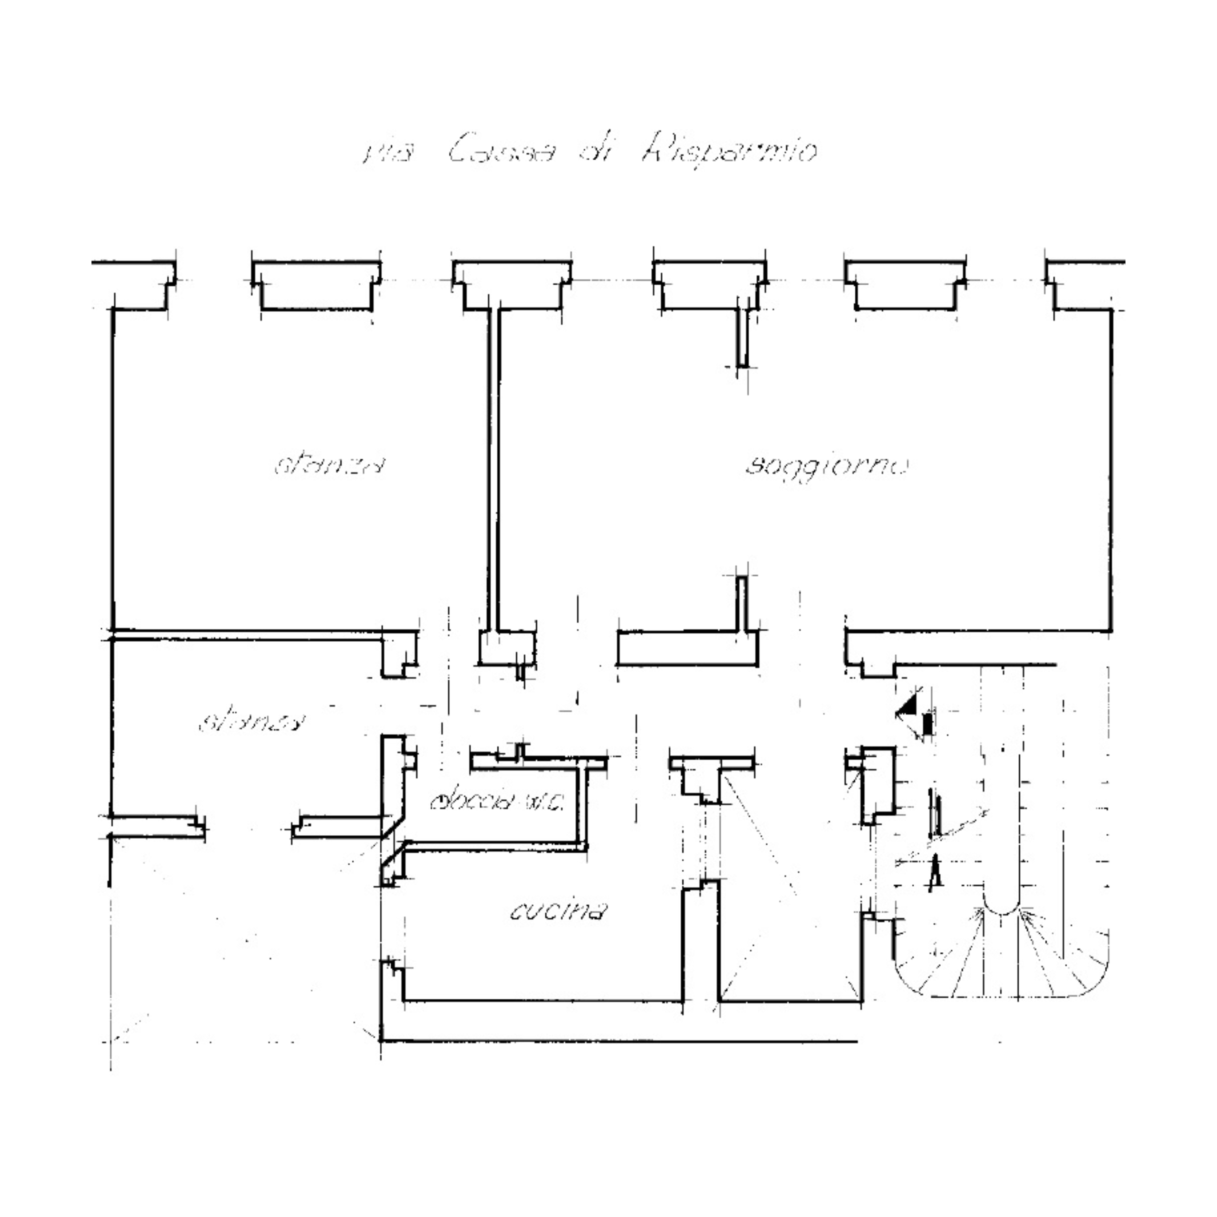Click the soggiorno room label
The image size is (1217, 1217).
(x=826, y=467)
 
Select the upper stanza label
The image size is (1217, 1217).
(x=329, y=466)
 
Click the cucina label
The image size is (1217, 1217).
(x=558, y=911)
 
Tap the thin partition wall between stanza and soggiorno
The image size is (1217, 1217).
(x=493, y=469)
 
